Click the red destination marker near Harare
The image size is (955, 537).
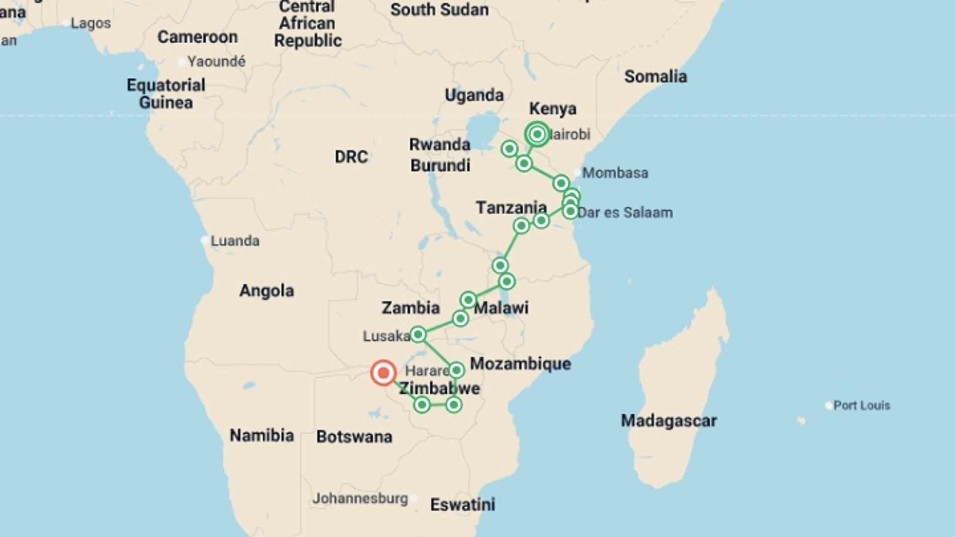point(383,372)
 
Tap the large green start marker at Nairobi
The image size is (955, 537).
point(537,134)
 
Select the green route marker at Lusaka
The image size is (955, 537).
point(418,334)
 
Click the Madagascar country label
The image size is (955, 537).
point(668,421)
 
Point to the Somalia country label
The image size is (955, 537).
point(655,77)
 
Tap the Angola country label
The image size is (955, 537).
point(267,290)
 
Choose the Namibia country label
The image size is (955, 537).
point(262,436)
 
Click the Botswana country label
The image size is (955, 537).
point(354,437)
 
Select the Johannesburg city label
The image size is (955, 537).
point(360,498)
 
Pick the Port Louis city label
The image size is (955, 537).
point(861,405)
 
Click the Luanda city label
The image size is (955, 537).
point(235,241)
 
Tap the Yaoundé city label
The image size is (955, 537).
point(216,62)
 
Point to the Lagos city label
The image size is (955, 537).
point(91,23)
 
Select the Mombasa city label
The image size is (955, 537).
point(615,173)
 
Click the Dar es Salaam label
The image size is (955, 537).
point(625,213)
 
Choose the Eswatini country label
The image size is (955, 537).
point(463,505)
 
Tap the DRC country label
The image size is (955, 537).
point(351,157)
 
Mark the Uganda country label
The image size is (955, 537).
point(474,95)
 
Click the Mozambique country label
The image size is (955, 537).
point(520,363)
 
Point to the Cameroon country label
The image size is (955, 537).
point(197,37)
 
